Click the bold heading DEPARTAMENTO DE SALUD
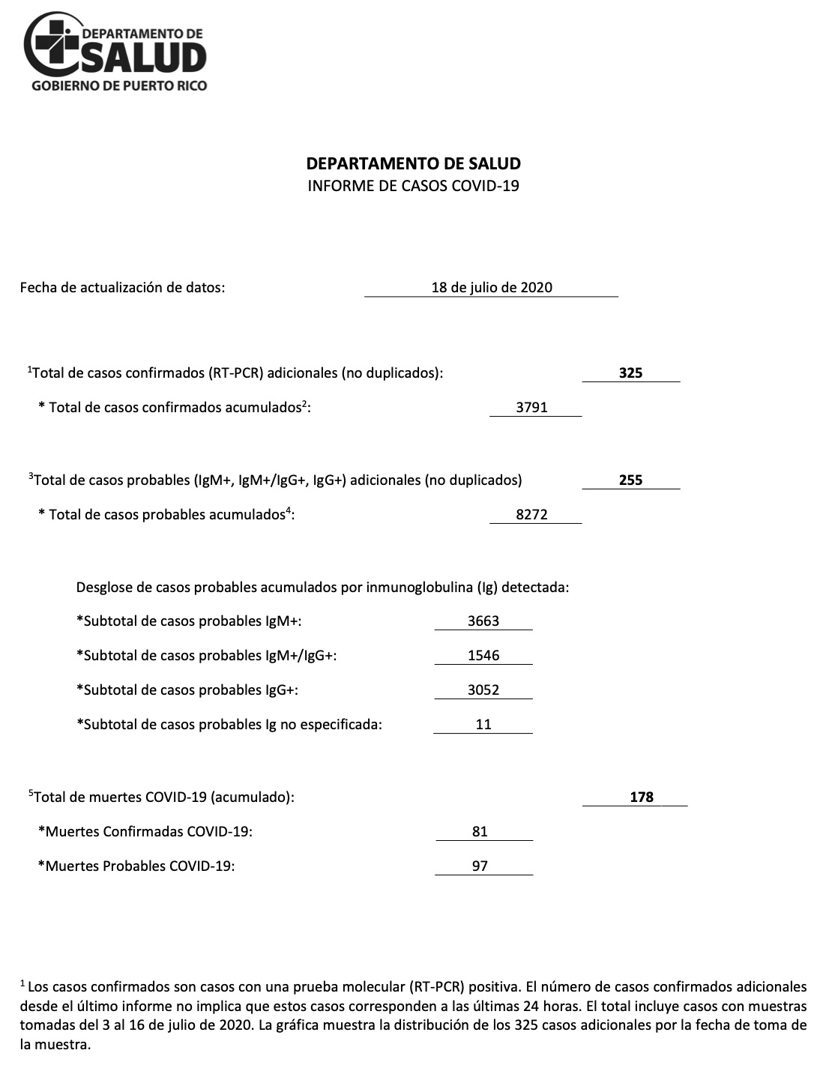pyautogui.click(x=413, y=163)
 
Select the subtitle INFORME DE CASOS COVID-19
pyautogui.click(x=413, y=185)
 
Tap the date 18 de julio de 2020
pyautogui.click(x=491, y=287)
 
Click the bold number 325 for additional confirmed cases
pyautogui.click(x=630, y=372)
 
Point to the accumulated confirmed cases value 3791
pyautogui.click(x=531, y=408)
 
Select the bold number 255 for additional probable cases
pyautogui.click(x=630, y=480)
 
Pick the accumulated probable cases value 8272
pyautogui.click(x=531, y=515)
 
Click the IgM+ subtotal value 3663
pyautogui.click(x=483, y=621)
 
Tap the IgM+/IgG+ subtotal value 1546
pyautogui.click(x=483, y=655)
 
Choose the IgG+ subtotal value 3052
pyautogui.click(x=483, y=690)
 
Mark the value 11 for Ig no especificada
pyautogui.click(x=483, y=724)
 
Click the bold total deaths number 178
pyautogui.click(x=642, y=797)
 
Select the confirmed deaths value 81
pyautogui.click(x=480, y=831)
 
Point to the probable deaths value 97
pyautogui.click(x=480, y=866)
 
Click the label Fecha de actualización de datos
pyautogui.click(x=122, y=287)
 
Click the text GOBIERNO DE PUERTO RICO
pyautogui.click(x=118, y=85)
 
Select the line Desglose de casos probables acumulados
pyautogui.click(x=322, y=587)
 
